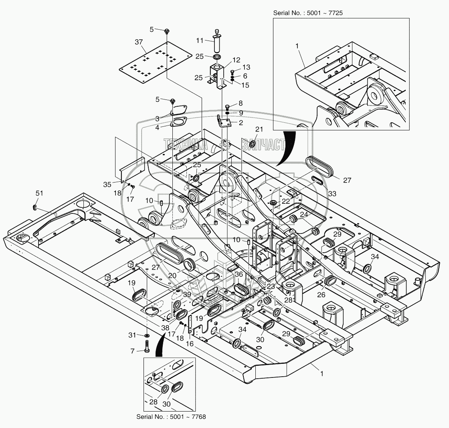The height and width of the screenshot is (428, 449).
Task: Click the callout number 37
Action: tap(139, 42)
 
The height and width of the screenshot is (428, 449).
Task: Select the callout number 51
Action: tap(39, 193)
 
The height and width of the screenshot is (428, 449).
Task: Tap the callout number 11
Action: tap(200, 41)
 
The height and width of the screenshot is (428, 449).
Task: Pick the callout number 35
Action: tap(107, 185)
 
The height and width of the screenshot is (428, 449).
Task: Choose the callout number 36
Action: tap(239, 274)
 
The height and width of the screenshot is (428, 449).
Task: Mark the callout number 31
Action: tap(132, 335)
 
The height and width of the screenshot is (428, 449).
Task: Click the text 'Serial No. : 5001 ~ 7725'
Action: tap(308, 13)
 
